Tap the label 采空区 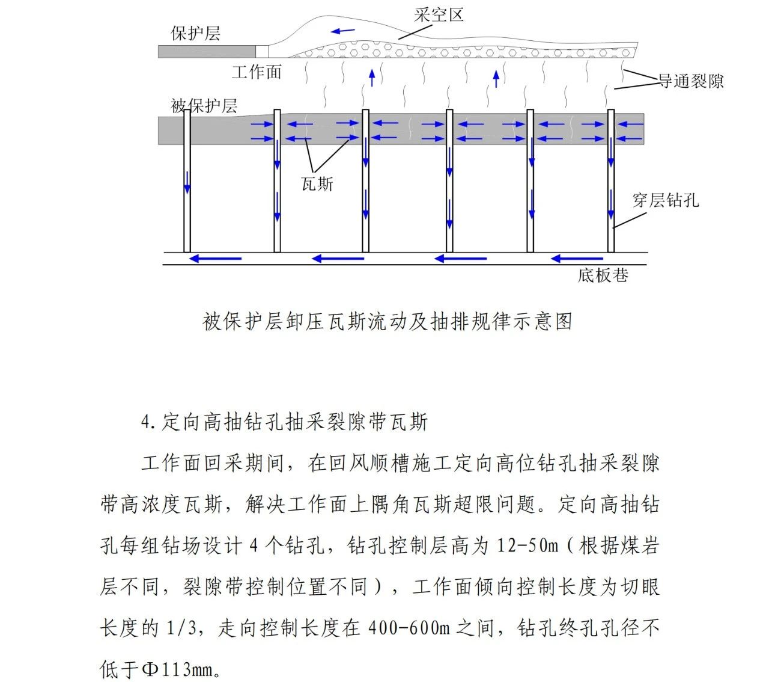439,15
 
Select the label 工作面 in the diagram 257,72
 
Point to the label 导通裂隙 691,81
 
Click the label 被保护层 204,106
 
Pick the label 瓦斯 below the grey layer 317,184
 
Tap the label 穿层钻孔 666,200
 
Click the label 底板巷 603,275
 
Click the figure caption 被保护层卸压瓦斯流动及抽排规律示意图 388,322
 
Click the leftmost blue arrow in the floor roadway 215,259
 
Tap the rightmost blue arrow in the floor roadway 577,259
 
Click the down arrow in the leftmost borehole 187,182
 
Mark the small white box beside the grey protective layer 263,52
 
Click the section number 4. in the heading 148,422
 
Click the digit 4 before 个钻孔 254,545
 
